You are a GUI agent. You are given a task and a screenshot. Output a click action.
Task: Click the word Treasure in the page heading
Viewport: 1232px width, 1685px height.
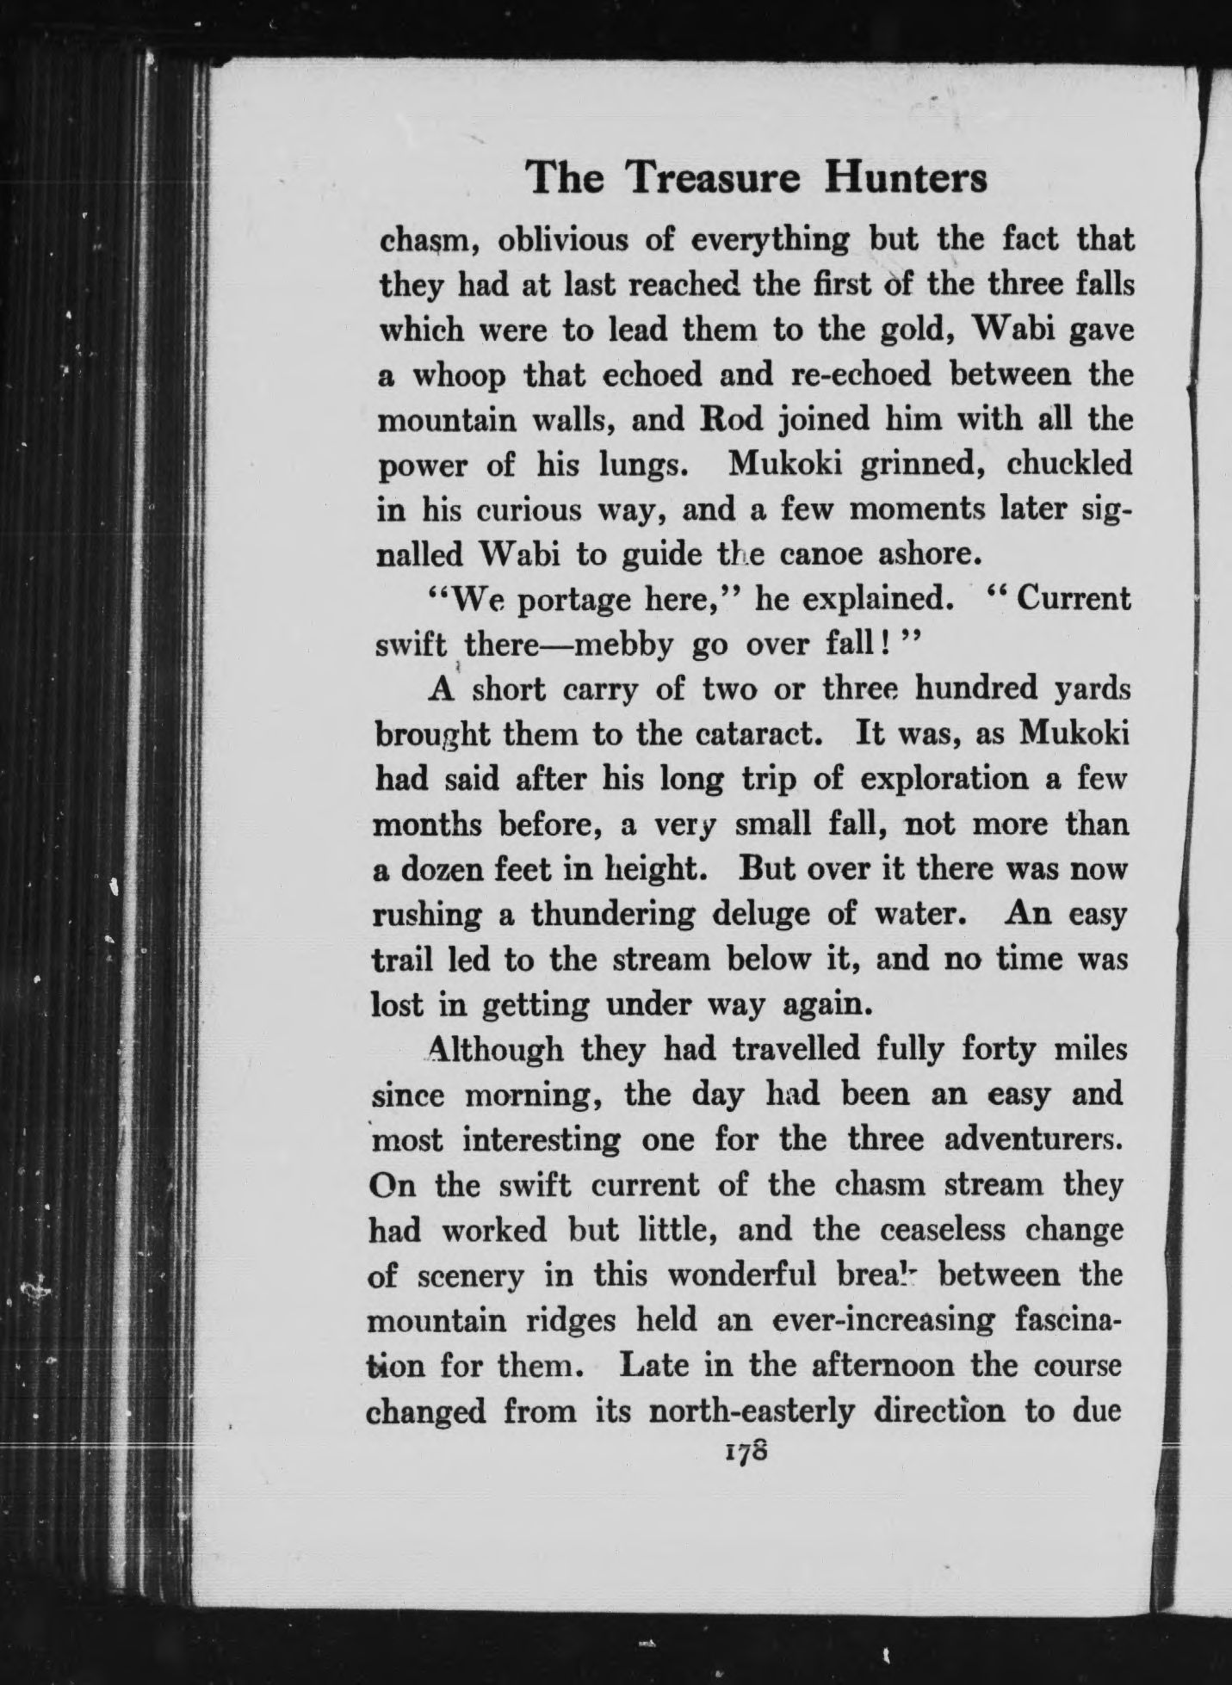(714, 178)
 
